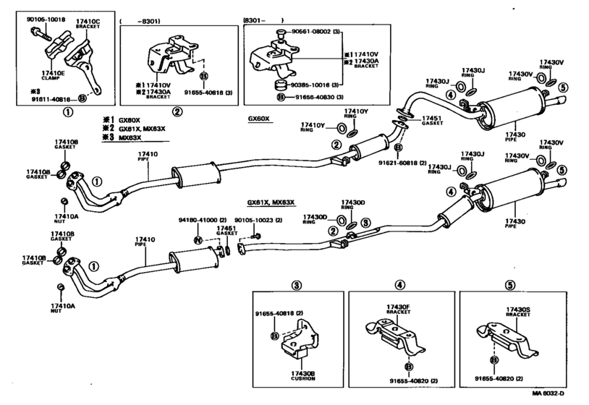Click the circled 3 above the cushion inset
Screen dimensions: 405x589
click(297, 284)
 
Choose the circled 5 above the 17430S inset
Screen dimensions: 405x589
click(509, 284)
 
